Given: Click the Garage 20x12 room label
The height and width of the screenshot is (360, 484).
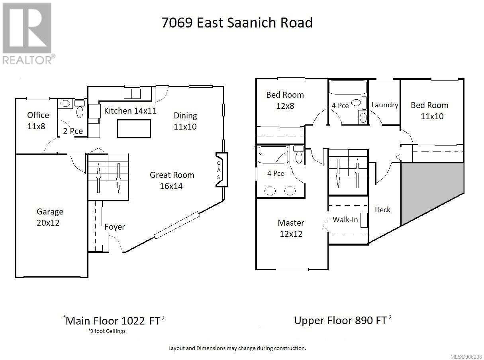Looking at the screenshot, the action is (x=50, y=217).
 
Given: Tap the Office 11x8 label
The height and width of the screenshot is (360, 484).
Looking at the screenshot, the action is (x=38, y=120).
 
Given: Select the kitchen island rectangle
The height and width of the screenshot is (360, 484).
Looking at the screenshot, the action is (x=134, y=128).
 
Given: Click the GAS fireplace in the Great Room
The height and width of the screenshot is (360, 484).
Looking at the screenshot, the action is (x=221, y=170).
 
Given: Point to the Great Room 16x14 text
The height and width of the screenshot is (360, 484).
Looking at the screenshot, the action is (x=172, y=180).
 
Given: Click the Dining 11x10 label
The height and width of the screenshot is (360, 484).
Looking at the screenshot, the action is (x=185, y=121).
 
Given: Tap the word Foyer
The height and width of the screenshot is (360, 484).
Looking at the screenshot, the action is (x=115, y=227).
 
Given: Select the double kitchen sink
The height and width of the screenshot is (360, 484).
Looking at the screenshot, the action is (x=132, y=94).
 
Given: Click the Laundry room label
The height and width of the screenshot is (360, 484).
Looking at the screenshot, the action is (x=385, y=105).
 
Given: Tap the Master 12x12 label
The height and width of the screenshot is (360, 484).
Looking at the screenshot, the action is (x=291, y=228).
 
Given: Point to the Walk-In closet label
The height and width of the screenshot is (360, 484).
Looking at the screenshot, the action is (x=345, y=219).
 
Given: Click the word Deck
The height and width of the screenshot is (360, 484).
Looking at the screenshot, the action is (x=382, y=209).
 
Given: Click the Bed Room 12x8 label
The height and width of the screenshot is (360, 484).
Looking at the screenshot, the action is (x=285, y=100).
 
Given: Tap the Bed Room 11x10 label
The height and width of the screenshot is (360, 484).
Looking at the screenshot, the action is (x=429, y=110).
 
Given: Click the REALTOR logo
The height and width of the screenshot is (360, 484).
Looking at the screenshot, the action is (x=28, y=33).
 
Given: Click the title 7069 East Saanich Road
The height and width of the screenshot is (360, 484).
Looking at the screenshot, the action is (x=237, y=22).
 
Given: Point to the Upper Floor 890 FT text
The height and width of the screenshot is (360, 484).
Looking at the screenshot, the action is (x=343, y=320).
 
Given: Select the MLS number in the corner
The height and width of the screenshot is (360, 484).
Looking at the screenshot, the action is (x=466, y=357).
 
